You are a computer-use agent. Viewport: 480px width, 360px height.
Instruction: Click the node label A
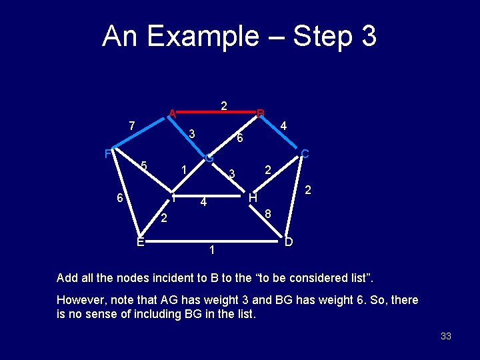(172, 113)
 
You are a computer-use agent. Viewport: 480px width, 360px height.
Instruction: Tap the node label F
(107, 154)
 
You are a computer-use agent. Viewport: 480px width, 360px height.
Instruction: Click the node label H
(253, 198)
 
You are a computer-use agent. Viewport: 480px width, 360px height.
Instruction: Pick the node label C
(305, 154)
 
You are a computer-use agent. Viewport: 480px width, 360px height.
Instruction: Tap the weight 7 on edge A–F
(132, 125)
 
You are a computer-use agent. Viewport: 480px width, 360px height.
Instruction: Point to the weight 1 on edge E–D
(211, 251)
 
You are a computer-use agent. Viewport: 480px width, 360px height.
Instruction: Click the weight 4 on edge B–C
(283, 125)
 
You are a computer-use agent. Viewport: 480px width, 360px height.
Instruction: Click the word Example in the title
(201, 37)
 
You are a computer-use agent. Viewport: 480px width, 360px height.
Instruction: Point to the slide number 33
(446, 336)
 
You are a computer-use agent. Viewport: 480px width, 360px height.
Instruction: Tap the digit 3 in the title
(367, 37)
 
